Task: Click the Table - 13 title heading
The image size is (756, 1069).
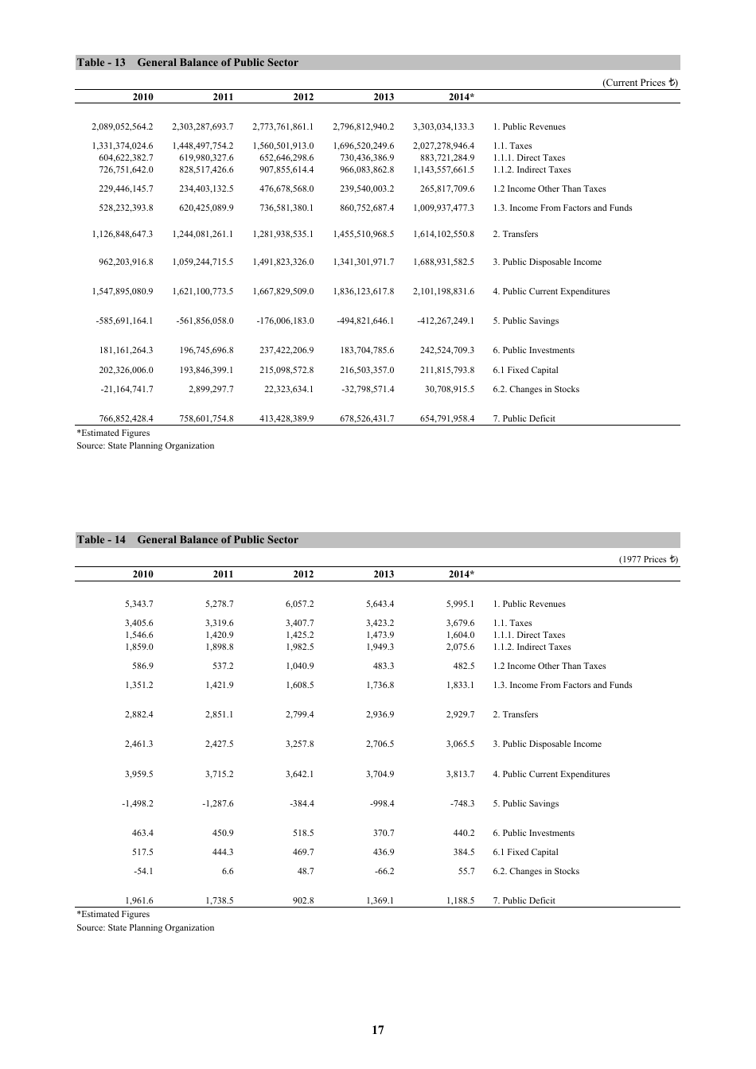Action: (187, 63)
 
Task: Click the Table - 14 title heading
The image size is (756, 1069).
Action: (187, 540)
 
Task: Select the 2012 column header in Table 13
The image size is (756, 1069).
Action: (303, 97)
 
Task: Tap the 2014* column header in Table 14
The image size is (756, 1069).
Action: (462, 574)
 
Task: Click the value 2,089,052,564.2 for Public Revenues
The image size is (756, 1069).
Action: (123, 127)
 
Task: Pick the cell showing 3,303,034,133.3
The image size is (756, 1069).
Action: (443, 127)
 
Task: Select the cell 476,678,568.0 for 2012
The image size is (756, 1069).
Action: (283, 189)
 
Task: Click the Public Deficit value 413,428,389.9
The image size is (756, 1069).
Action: (283, 419)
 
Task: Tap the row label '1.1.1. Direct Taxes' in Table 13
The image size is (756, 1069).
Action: (528, 158)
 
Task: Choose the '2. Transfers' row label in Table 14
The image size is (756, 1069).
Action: (515, 715)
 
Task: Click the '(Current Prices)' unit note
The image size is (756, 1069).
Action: (640, 83)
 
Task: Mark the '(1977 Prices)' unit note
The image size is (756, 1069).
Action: (649, 560)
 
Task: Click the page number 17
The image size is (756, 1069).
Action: (378, 1030)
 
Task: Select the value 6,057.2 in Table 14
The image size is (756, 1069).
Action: (299, 604)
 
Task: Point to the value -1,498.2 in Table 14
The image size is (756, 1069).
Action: (138, 804)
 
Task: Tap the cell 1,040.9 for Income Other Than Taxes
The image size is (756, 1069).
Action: (299, 667)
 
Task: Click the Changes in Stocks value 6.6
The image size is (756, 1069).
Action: (227, 872)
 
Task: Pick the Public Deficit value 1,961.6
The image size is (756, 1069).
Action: (138, 901)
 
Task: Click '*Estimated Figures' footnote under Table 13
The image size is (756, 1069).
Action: (112, 433)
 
